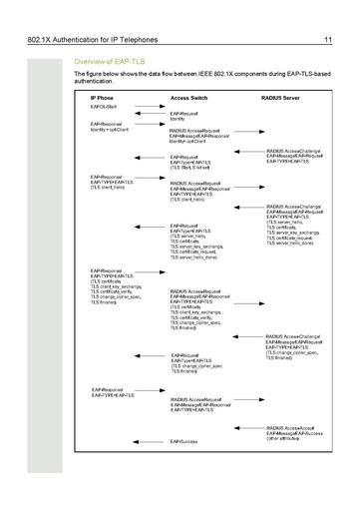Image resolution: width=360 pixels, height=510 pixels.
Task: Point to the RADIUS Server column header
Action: [x=281, y=100]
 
